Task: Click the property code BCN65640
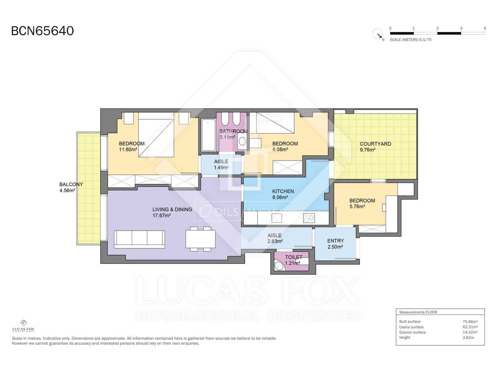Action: pyautogui.click(x=42, y=31)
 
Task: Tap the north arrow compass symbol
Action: pyautogui.click(x=378, y=34)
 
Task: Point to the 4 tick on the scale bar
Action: pyautogui.click(x=485, y=28)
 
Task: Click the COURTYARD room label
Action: pyautogui.click(x=375, y=144)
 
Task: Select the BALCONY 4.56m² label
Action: pyautogui.click(x=71, y=187)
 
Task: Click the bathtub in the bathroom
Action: pyautogui.click(x=208, y=136)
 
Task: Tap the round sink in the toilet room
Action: pyautogui.click(x=279, y=266)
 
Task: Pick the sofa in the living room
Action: pyautogui.click(x=139, y=239)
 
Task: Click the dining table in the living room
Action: pyautogui.click(x=201, y=239)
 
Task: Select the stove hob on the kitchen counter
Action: pyautogui.click(x=309, y=218)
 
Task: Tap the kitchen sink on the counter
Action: pyautogui.click(x=277, y=218)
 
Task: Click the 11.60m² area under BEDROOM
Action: pyautogui.click(x=128, y=149)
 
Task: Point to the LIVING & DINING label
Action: pyautogui.click(x=172, y=210)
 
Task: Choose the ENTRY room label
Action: pyautogui.click(x=335, y=241)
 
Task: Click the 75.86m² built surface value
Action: pyautogui.click(x=470, y=321)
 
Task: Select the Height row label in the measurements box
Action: pyautogui.click(x=405, y=338)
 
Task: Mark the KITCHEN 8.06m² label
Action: pyautogui.click(x=283, y=194)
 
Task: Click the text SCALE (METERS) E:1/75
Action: pyautogui.click(x=410, y=40)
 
